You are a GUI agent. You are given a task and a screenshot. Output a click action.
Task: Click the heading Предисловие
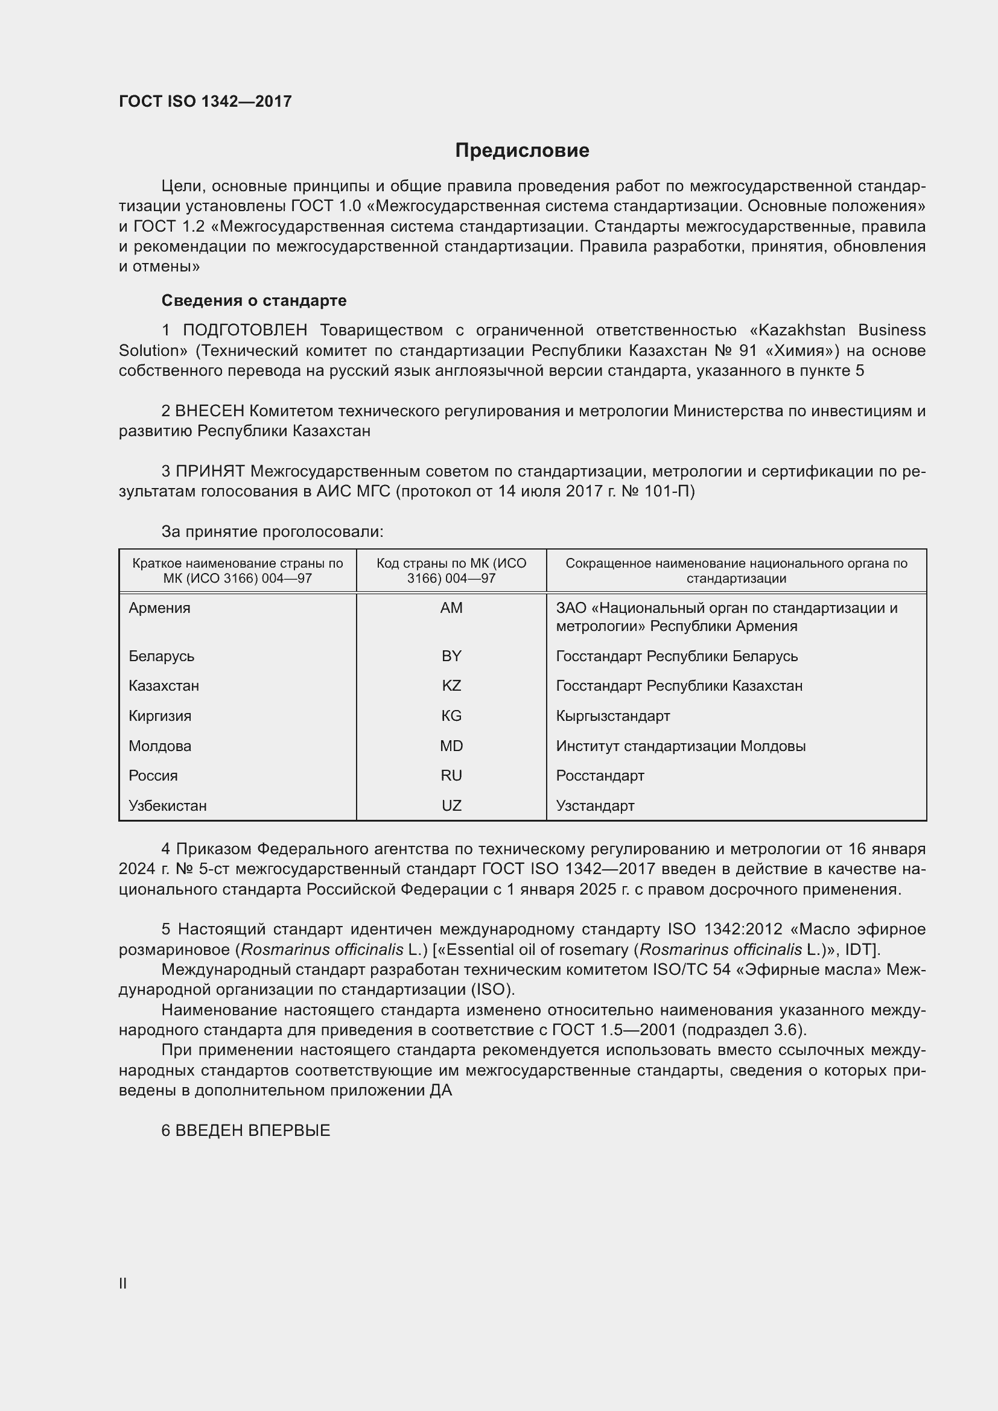coord(522,151)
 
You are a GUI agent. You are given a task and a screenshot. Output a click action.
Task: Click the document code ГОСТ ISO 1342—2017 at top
coord(205,101)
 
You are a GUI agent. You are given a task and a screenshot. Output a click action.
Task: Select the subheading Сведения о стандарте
coord(254,300)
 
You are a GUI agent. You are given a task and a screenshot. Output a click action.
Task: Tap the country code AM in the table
coord(451,608)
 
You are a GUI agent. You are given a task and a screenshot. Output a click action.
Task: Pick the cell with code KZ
coord(451,685)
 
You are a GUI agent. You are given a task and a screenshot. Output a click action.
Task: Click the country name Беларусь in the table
coord(162,656)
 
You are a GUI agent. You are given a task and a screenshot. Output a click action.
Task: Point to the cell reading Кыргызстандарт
coord(612,715)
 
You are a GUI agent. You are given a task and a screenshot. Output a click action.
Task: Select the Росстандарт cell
coord(600,776)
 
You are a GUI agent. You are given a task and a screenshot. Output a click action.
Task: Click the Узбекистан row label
coord(168,805)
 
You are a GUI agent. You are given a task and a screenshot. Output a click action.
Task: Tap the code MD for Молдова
coord(451,746)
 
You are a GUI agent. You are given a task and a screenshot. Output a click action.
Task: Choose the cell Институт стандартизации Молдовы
coord(680,746)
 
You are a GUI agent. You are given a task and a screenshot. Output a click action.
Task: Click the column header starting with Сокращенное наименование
coord(736,570)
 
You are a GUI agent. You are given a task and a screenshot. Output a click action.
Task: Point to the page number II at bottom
coord(123,1283)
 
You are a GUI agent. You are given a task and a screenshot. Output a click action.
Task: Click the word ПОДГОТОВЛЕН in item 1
coord(244,330)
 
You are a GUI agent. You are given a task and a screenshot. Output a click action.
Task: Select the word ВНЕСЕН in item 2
coord(209,411)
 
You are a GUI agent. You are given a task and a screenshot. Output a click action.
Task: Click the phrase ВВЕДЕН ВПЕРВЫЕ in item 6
coord(253,1130)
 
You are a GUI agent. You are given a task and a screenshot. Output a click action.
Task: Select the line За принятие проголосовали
coord(272,531)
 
